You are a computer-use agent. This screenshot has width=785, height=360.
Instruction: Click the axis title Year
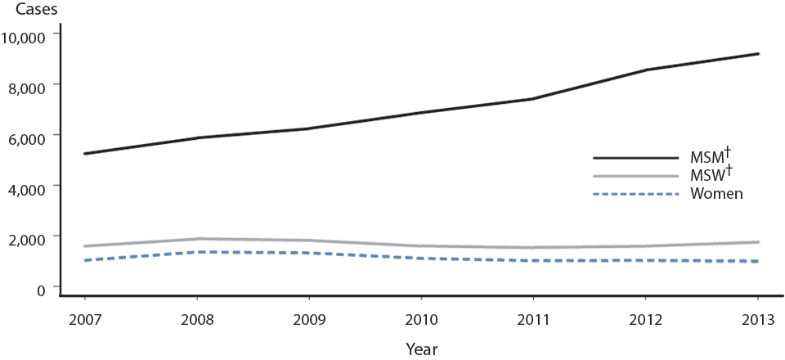pos(421,349)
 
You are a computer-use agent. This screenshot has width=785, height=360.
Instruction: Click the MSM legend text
pos(708,157)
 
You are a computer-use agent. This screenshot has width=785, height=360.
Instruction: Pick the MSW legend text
pos(708,176)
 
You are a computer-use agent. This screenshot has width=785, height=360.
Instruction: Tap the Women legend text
pos(715,193)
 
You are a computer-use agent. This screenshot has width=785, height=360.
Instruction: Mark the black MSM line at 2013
pos(759,54)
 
